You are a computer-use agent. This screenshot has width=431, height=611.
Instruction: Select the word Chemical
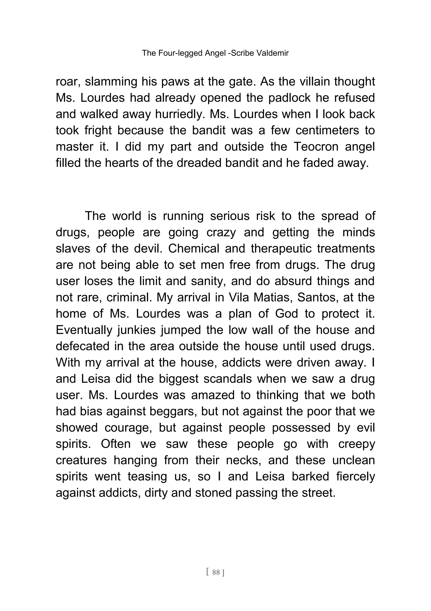point(194,249)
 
